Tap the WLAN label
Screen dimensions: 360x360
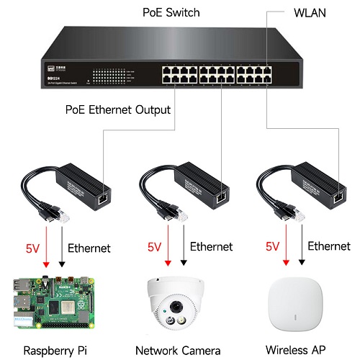click(x=311, y=13)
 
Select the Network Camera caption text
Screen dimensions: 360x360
click(x=178, y=350)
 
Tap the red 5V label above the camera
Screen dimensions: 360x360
click(x=154, y=246)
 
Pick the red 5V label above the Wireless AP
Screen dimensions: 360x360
click(x=272, y=246)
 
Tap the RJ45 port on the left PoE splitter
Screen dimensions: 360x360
click(x=102, y=194)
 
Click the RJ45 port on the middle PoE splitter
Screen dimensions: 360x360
click(x=222, y=194)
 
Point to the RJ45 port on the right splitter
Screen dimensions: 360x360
click(x=339, y=194)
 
